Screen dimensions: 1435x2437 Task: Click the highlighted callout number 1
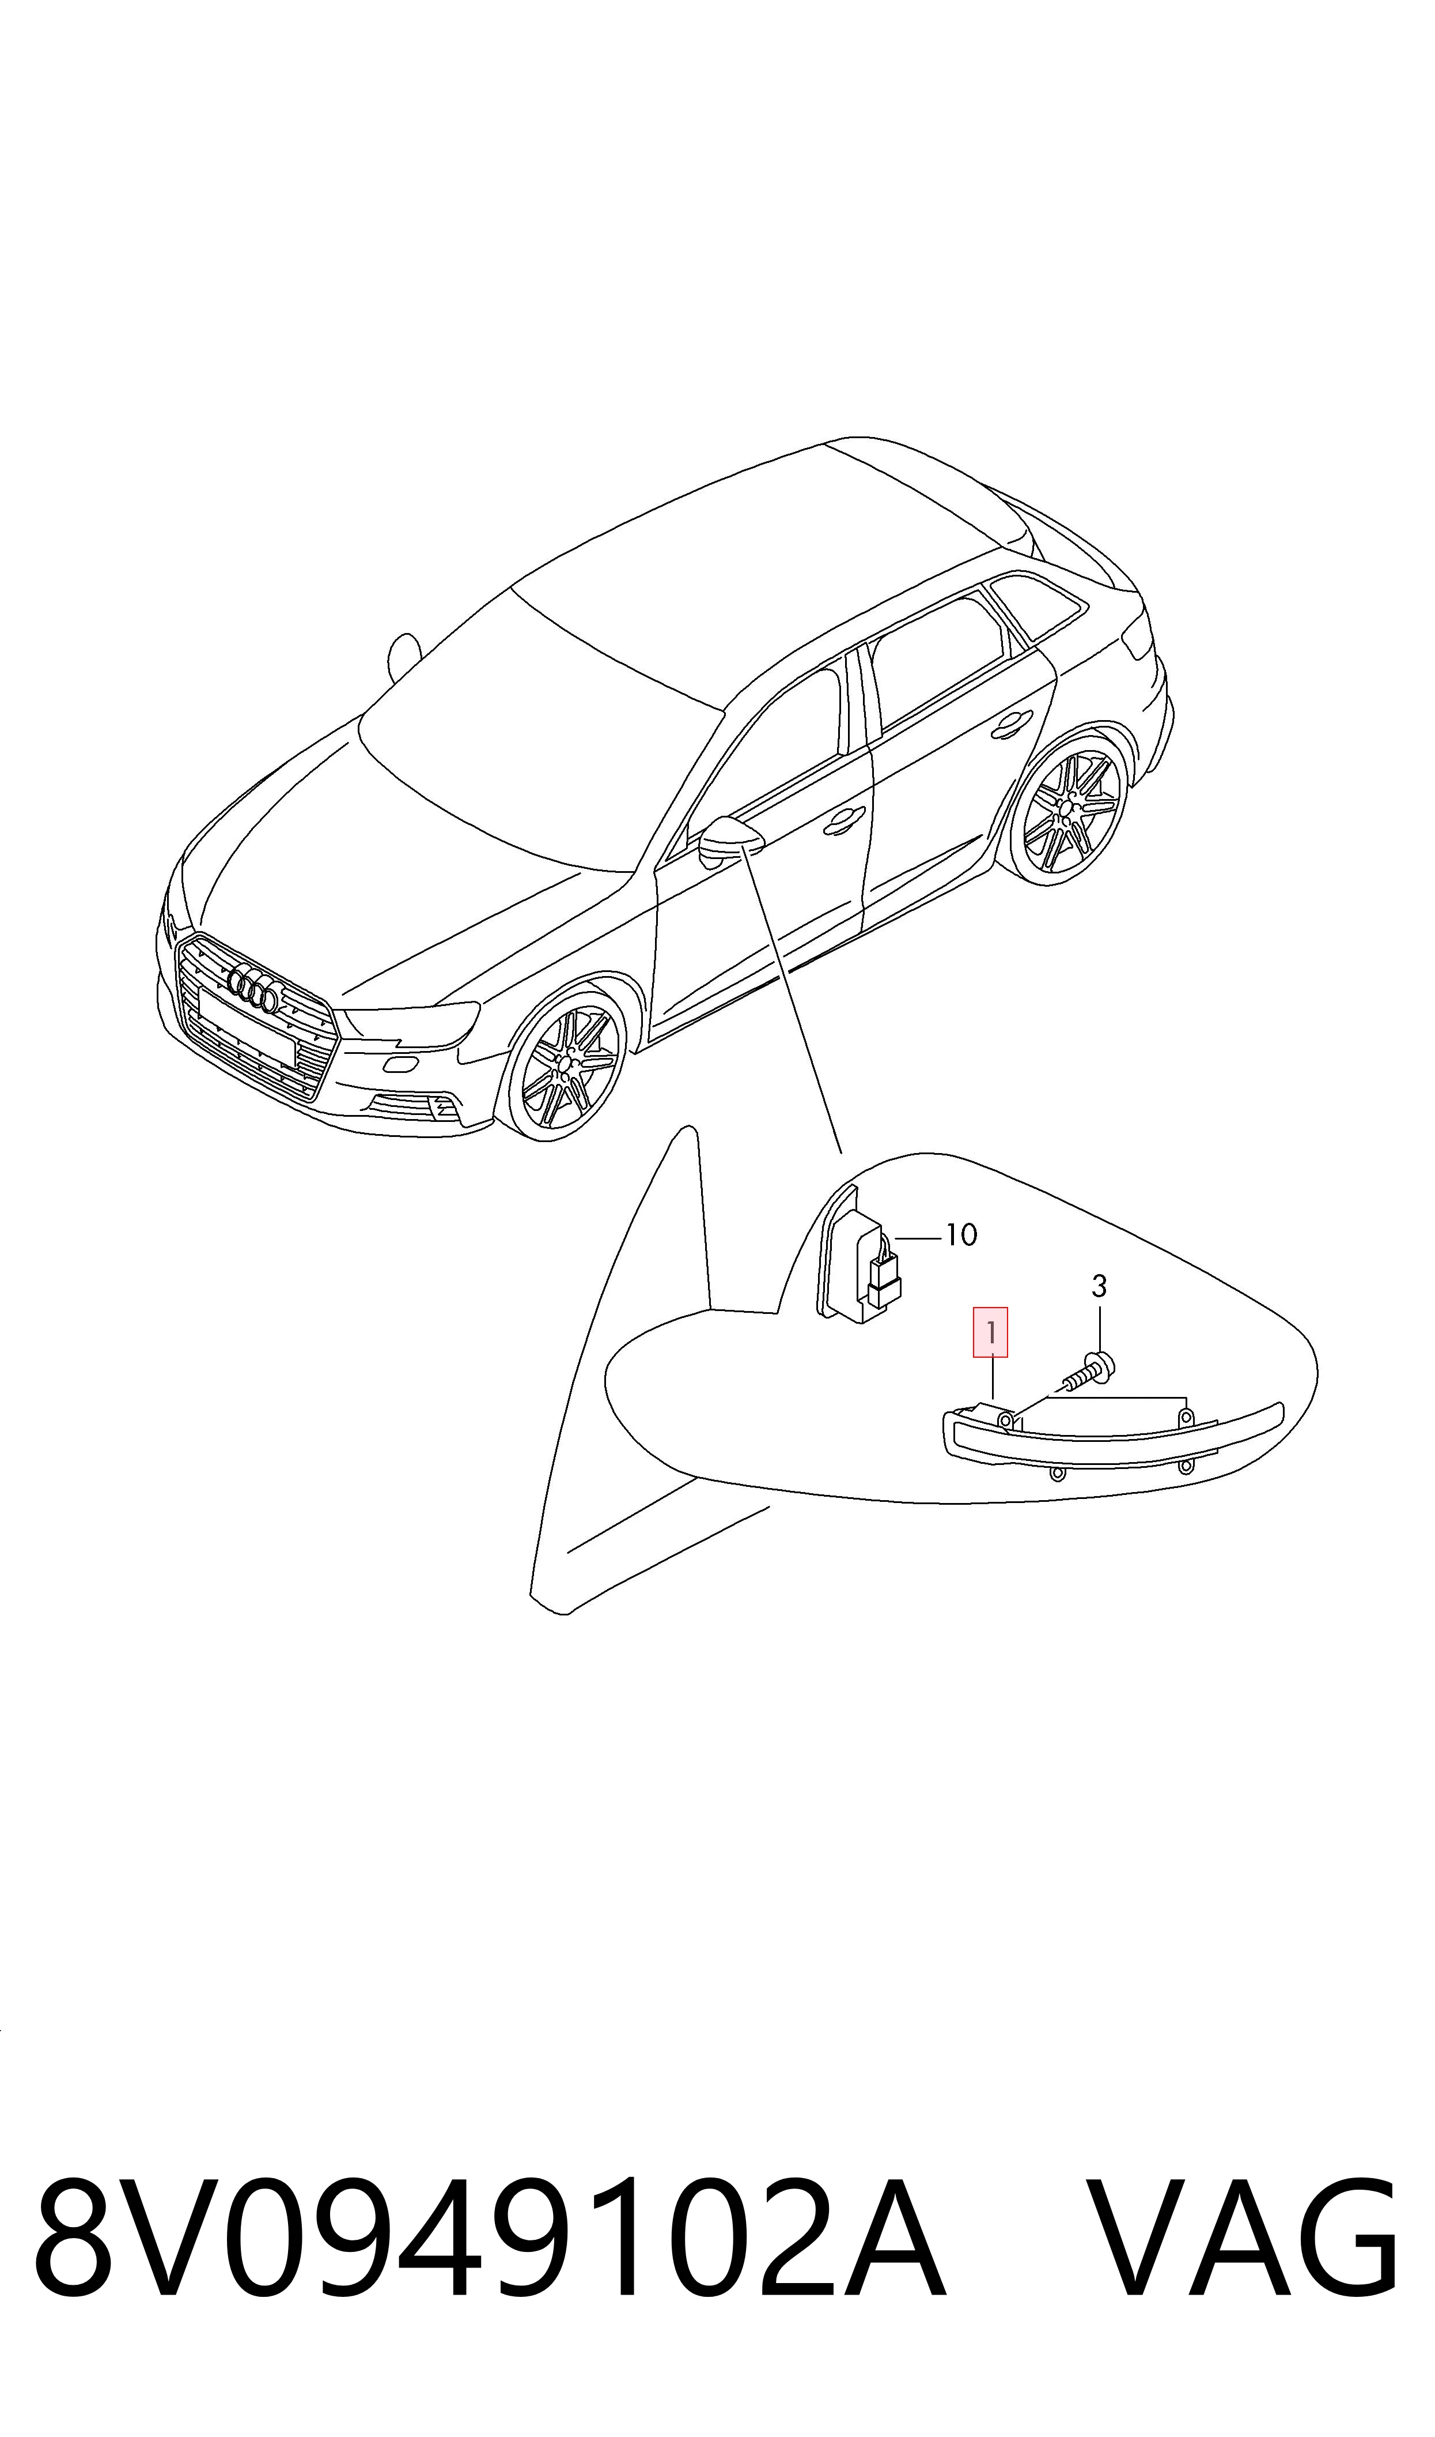click(990, 1332)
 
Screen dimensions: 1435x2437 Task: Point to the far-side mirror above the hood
click(403, 657)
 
